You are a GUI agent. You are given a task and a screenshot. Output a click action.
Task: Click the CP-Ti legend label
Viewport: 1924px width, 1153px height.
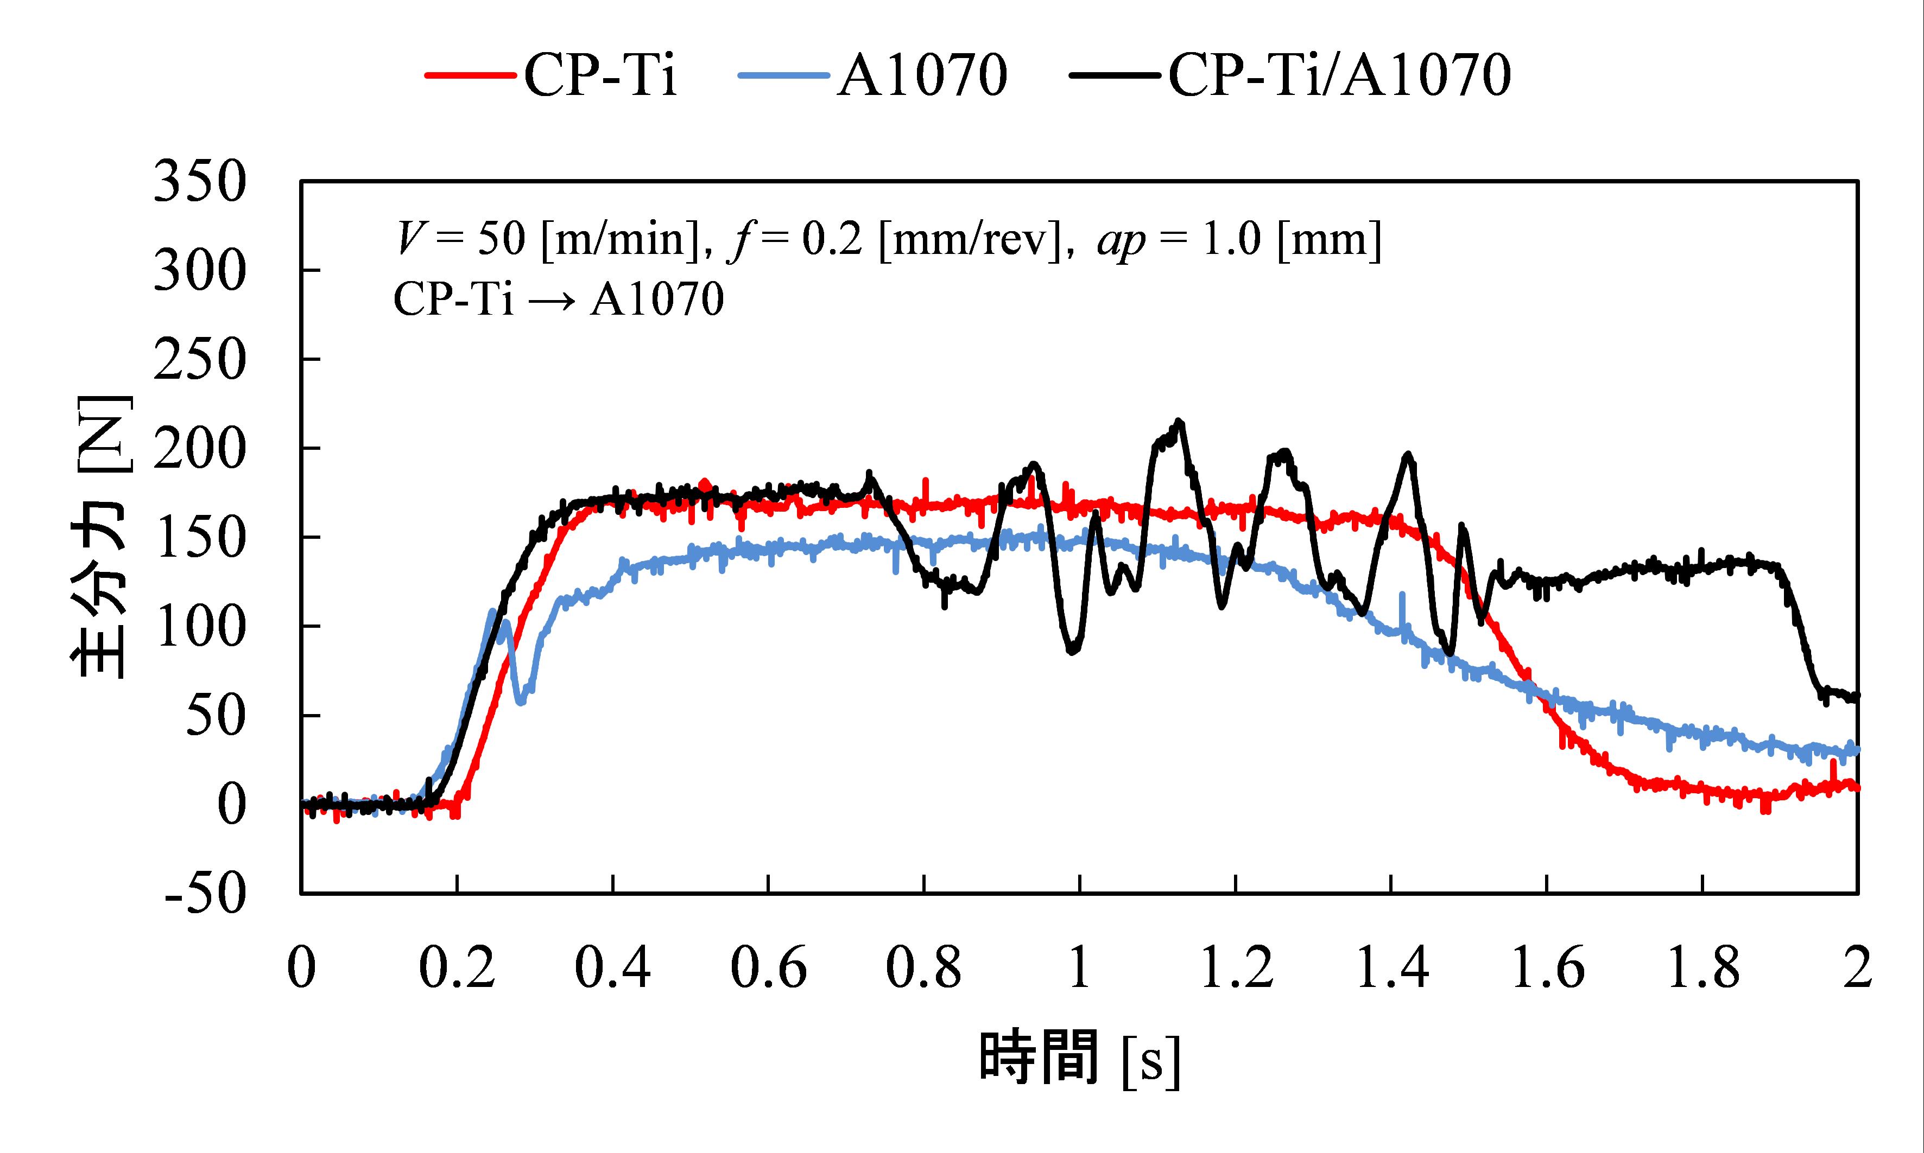[600, 76]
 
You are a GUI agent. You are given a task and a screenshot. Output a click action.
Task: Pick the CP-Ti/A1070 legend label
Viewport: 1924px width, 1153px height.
[1339, 76]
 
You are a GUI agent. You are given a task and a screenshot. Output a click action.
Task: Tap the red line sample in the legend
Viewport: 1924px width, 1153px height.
[470, 76]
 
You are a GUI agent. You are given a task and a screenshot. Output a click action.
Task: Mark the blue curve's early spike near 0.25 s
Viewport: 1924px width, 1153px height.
[492, 611]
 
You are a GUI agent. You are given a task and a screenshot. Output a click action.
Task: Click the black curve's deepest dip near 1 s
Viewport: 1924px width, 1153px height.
[1073, 651]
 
